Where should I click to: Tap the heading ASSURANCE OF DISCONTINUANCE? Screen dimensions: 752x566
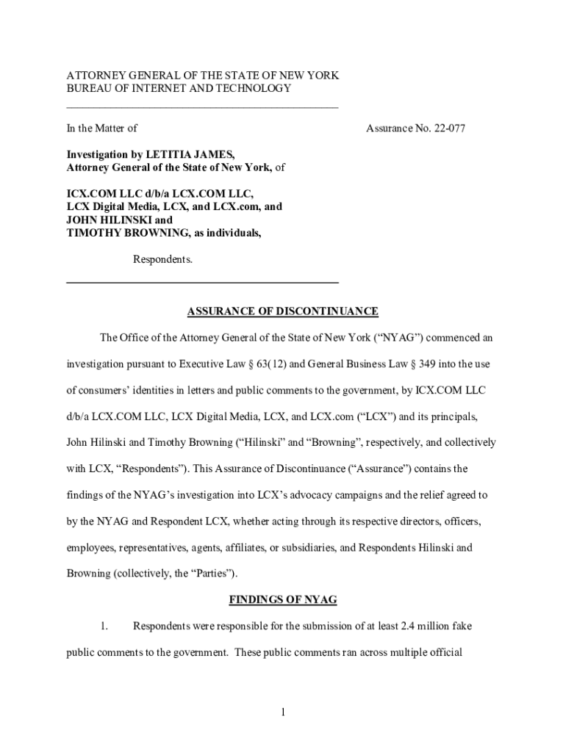pyautogui.click(x=283, y=311)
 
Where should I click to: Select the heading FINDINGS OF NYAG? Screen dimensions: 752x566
pyautogui.click(x=283, y=600)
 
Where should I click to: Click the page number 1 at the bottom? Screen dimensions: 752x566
pyautogui.click(x=283, y=712)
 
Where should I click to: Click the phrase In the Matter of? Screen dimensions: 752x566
pyautogui.click(x=102, y=129)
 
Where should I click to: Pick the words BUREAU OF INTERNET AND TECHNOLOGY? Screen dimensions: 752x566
pyautogui.click(x=179, y=89)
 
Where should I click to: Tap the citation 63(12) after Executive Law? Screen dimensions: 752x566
pyautogui.click(x=277, y=364)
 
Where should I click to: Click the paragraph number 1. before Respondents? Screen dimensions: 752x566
pyautogui.click(x=104, y=626)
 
